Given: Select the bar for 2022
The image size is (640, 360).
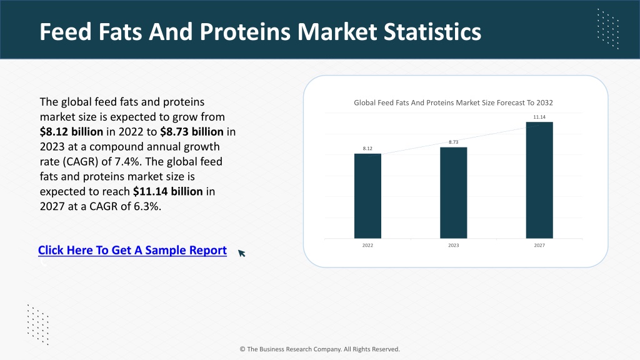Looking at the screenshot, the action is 367,196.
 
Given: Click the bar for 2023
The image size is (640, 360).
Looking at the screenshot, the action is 454,192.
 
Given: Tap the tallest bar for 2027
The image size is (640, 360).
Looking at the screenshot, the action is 539,180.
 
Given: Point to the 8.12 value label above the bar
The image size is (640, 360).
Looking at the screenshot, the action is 367,149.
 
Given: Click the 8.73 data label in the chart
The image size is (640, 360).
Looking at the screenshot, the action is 454,142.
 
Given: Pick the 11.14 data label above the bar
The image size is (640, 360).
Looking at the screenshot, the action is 539,117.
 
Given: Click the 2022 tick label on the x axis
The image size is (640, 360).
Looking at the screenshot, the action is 367,245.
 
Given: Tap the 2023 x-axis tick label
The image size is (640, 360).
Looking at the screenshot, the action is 454,245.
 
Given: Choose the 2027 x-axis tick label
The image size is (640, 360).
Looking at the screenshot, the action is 539,245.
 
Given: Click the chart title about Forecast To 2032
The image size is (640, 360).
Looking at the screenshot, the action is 453,103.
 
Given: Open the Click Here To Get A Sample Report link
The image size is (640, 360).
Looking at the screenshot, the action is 132,250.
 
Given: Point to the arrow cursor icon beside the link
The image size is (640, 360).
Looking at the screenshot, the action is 242,253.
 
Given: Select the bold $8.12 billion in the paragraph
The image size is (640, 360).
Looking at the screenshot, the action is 71,132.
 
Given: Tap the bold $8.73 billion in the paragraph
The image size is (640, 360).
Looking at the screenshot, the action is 192,132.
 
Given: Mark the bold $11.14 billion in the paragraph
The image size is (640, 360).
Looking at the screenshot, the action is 167,191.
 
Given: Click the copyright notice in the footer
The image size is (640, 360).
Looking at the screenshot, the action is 319,349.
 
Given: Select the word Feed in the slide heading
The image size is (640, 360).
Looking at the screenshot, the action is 66,32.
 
